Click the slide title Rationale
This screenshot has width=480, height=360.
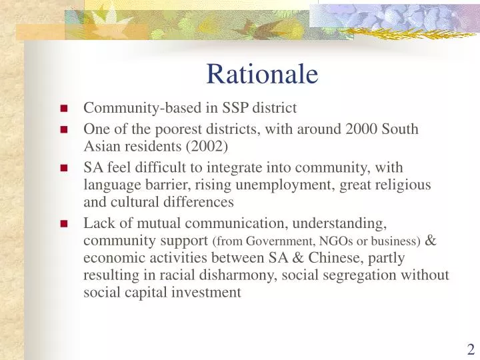[261, 74]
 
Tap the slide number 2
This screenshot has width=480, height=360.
[471, 349]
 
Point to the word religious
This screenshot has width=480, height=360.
[404, 185]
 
